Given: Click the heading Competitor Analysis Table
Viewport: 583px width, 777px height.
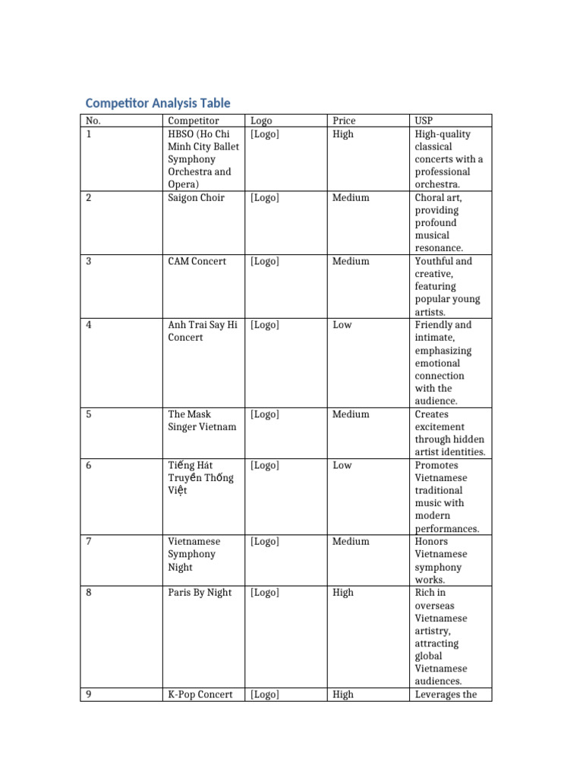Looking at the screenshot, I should tap(158, 103).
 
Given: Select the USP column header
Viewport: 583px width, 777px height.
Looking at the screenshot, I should tap(424, 121).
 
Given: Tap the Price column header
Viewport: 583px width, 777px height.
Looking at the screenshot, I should tap(343, 121).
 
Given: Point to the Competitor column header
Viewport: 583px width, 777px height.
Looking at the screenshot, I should tap(193, 121).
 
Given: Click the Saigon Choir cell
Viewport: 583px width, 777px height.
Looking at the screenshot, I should tap(196, 198).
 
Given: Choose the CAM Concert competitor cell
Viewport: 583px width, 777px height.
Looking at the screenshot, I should tap(197, 262).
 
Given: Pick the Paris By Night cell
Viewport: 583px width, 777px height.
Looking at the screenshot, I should tap(200, 593).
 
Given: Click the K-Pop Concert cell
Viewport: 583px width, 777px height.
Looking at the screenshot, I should tap(200, 694).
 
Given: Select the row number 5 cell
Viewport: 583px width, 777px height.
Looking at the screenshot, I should tap(89, 414).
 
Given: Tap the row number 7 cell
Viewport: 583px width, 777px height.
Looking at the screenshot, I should tap(89, 542).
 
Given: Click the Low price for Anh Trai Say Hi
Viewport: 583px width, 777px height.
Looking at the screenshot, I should tap(342, 326).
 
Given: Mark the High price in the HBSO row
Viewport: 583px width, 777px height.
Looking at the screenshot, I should tap(342, 134).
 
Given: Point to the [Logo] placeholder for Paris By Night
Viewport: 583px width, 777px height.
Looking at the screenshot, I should tap(264, 593).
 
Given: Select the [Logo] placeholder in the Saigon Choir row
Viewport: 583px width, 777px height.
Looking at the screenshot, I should tap(264, 198).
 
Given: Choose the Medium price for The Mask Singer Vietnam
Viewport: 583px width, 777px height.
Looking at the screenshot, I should tap(351, 414).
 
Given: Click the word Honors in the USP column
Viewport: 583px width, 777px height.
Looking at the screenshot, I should tap(431, 542).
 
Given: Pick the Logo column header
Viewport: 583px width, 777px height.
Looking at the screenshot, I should tap(261, 121).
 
